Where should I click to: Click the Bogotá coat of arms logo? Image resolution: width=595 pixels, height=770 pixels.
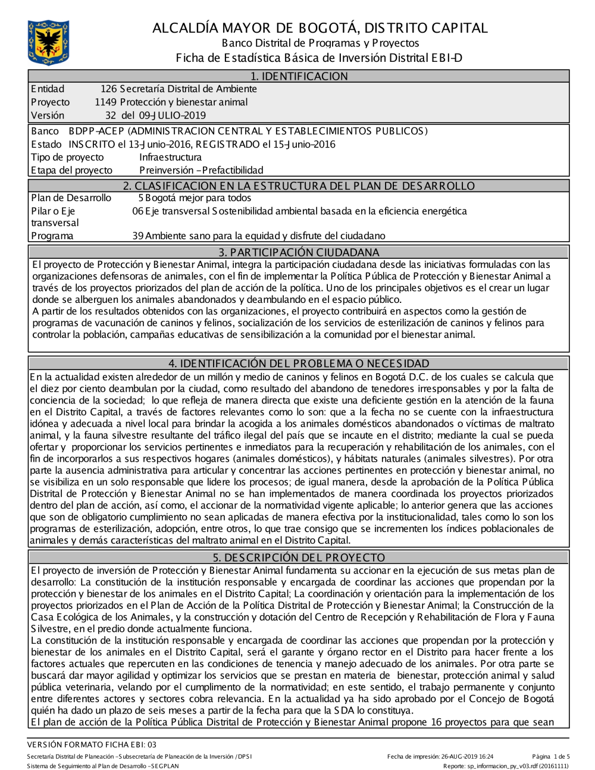[x=48, y=43]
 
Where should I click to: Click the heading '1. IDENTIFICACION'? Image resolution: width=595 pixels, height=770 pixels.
[x=299, y=76]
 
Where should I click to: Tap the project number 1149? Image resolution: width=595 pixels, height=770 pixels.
[x=105, y=102]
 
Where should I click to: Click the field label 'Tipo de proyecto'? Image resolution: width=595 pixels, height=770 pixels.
[x=67, y=157]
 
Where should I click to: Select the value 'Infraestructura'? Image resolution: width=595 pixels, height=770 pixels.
[x=170, y=157]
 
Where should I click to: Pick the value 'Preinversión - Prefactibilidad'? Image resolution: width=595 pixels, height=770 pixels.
[x=201, y=170]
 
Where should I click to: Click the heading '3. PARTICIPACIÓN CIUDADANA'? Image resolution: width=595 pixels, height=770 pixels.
[x=299, y=252]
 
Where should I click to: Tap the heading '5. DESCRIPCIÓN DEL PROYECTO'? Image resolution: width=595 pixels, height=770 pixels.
[x=299, y=558]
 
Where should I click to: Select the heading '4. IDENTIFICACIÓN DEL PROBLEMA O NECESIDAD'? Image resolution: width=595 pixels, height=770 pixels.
[x=299, y=363]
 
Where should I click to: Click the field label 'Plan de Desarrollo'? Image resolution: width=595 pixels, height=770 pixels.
[x=71, y=198]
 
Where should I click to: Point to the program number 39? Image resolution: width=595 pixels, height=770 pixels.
[x=137, y=236]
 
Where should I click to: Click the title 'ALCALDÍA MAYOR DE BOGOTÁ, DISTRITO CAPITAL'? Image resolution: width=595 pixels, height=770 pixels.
[x=320, y=28]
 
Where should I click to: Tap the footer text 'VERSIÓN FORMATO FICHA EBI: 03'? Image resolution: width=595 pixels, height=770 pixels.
[x=92, y=744]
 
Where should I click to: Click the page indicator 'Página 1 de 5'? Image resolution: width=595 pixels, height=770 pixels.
[x=551, y=756]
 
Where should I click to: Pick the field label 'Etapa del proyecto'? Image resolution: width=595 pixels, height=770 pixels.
[x=71, y=170]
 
